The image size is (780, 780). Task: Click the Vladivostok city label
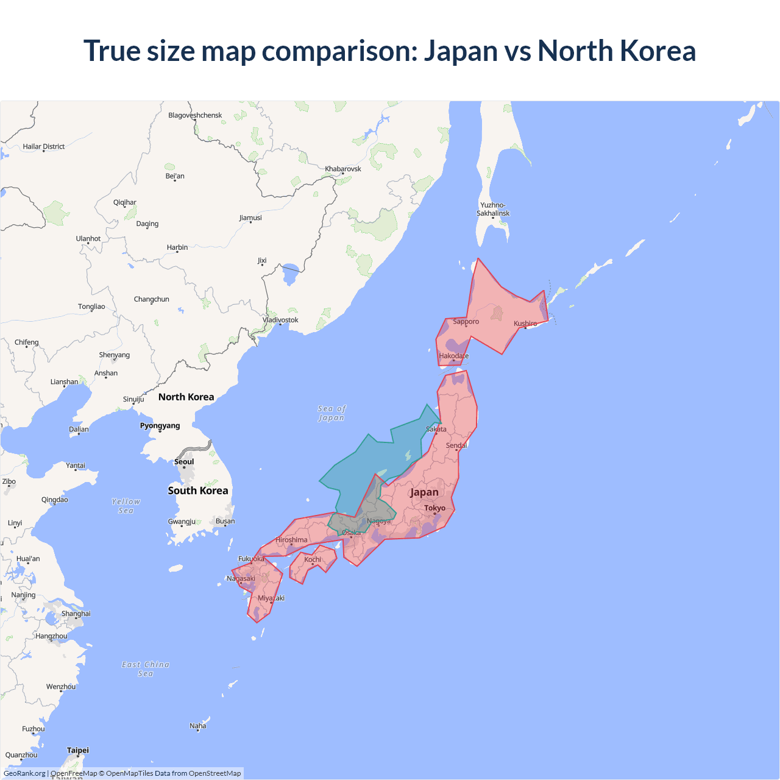pyautogui.click(x=280, y=320)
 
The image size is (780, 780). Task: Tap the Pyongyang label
pyautogui.click(x=160, y=426)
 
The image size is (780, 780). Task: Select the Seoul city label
pyautogui.click(x=184, y=462)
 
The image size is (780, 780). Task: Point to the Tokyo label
pyautogui.click(x=434, y=508)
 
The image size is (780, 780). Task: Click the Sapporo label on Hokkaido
pyautogui.click(x=466, y=322)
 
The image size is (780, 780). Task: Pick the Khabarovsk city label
pyautogui.click(x=343, y=169)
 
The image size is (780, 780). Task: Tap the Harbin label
pyautogui.click(x=177, y=247)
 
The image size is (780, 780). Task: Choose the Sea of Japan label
pyautogui.click(x=331, y=413)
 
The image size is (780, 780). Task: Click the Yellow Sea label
pyautogui.click(x=126, y=506)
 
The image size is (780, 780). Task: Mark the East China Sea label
pyautogui.click(x=146, y=669)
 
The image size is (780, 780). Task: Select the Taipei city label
pyautogui.click(x=78, y=750)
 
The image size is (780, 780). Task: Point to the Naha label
pyautogui.click(x=198, y=726)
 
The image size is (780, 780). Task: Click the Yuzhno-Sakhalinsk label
pyautogui.click(x=493, y=209)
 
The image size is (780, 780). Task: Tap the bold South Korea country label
pyautogui.click(x=198, y=491)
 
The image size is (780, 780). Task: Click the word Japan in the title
pyautogui.click(x=461, y=51)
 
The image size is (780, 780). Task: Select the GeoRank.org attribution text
pyautogui.click(x=24, y=773)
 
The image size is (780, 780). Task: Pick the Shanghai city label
pyautogui.click(x=76, y=614)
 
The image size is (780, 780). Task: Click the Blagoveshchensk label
pyautogui.click(x=195, y=115)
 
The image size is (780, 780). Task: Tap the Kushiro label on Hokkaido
pyautogui.click(x=525, y=324)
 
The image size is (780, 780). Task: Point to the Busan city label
pyautogui.click(x=225, y=521)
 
